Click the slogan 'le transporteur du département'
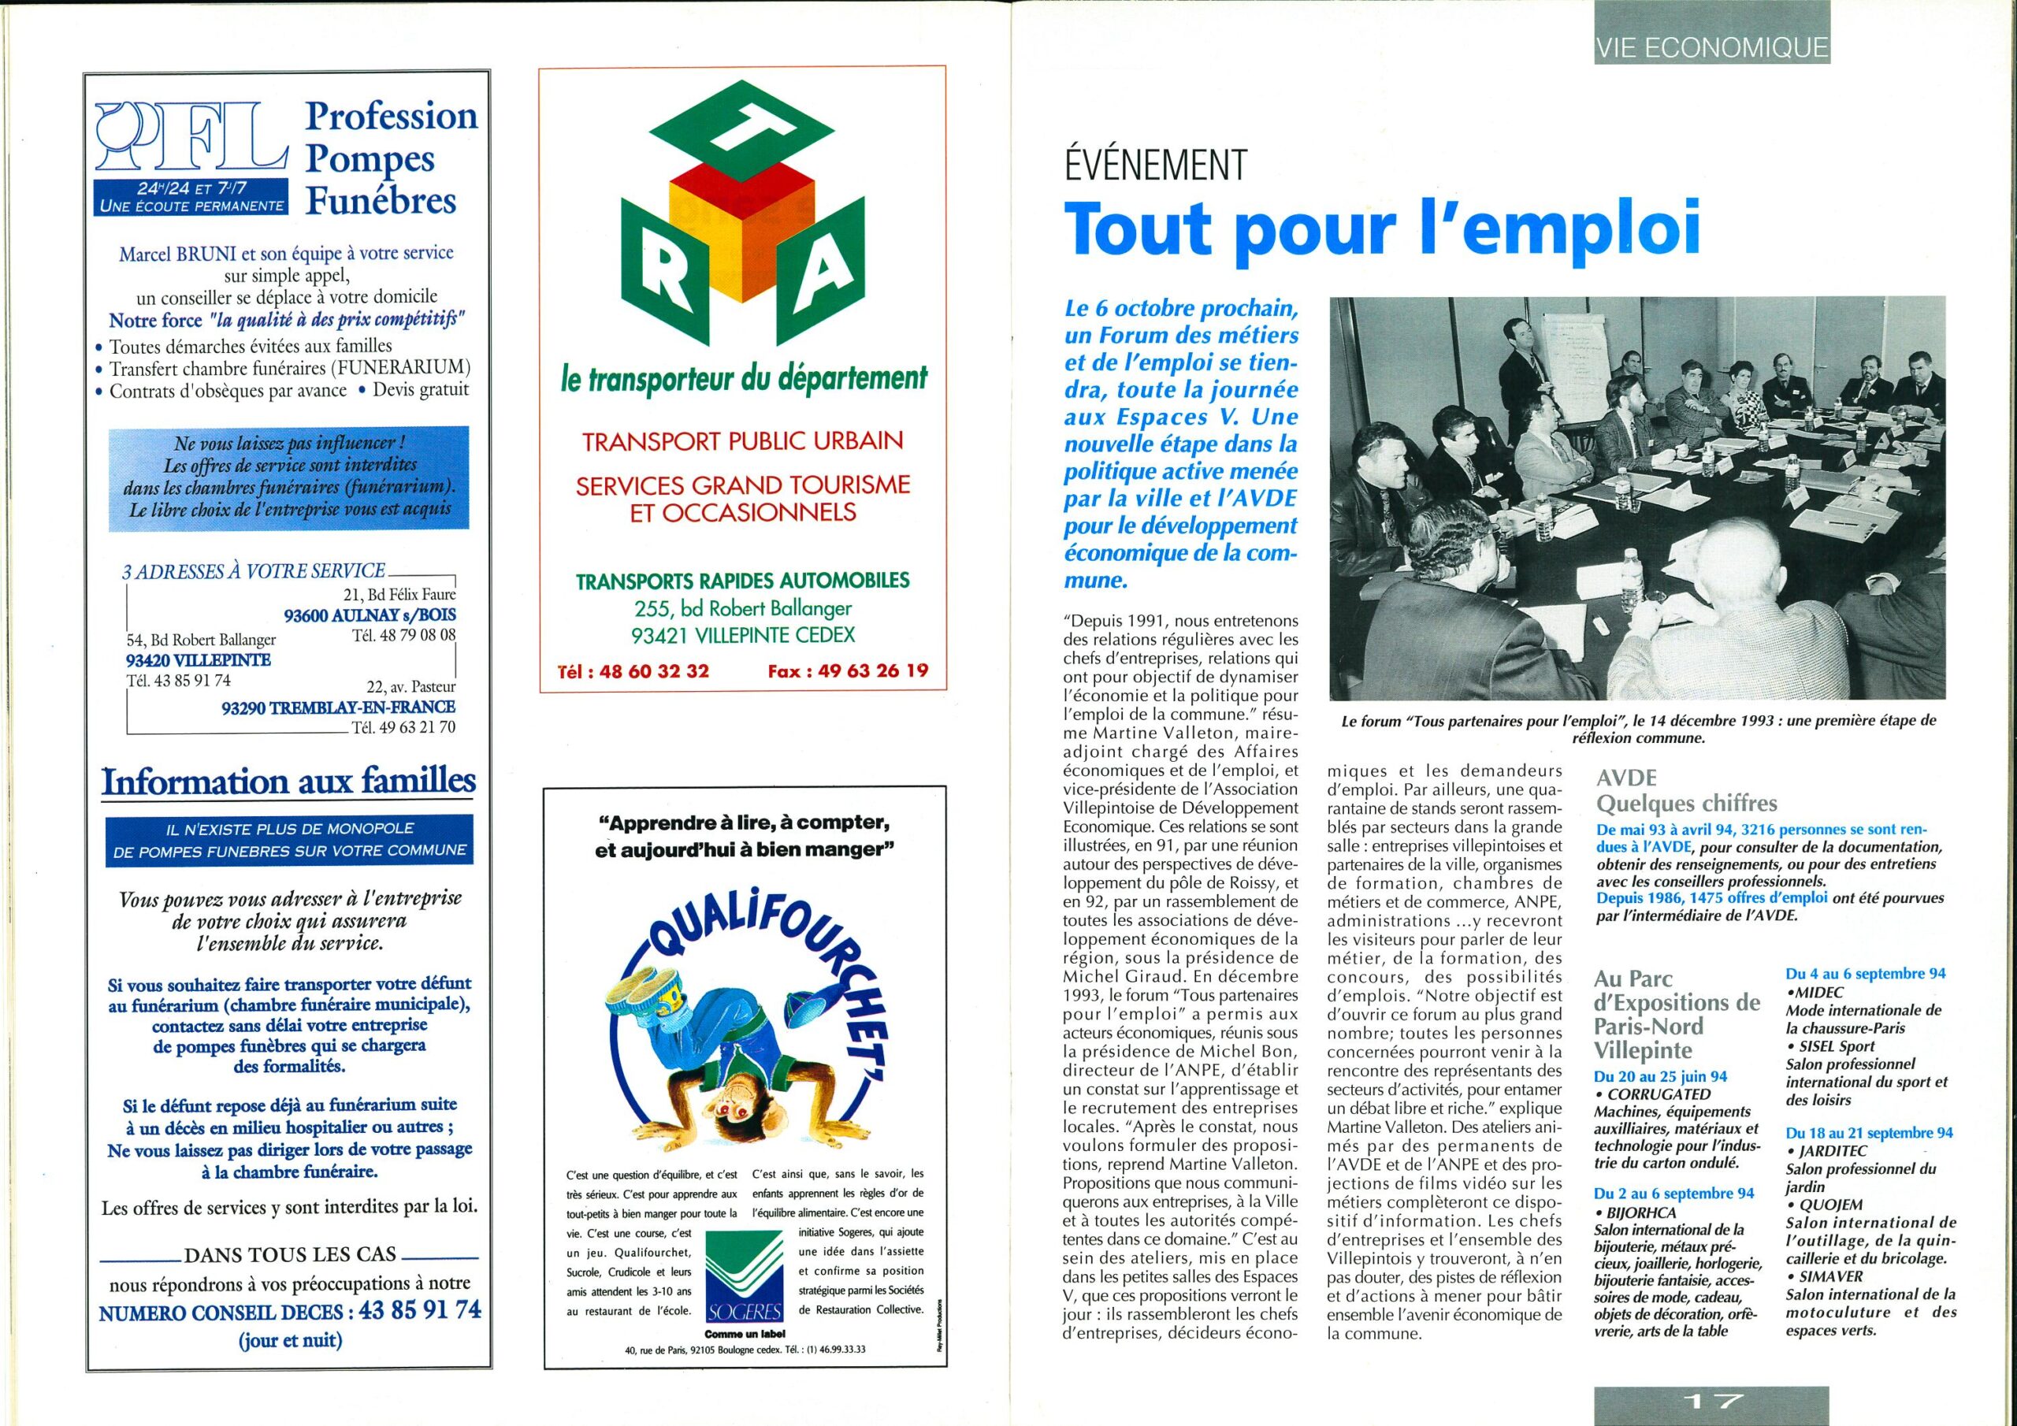tap(744, 380)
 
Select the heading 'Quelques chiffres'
tap(1686, 803)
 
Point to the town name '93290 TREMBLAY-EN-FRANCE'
tap(337, 707)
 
